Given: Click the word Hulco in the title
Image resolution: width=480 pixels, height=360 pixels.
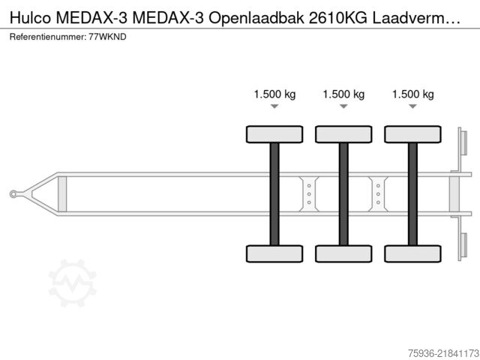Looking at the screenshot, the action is point(30,18).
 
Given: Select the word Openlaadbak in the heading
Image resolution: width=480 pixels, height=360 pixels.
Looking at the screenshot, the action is point(256,18).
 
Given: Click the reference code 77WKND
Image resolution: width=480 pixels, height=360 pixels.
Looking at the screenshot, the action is point(107,37).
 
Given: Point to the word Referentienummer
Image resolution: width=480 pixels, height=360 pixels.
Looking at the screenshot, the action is point(48,37).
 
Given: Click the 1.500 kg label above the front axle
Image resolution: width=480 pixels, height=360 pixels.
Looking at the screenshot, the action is point(274,94).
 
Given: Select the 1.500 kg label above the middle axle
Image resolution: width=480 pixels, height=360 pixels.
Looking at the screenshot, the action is point(343,94).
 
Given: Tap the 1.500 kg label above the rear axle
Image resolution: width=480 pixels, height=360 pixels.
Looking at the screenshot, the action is point(413,94).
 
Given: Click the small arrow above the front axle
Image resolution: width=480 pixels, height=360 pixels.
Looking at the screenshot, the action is point(274,106).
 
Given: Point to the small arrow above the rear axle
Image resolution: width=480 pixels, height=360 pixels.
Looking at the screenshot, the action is point(413,106).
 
